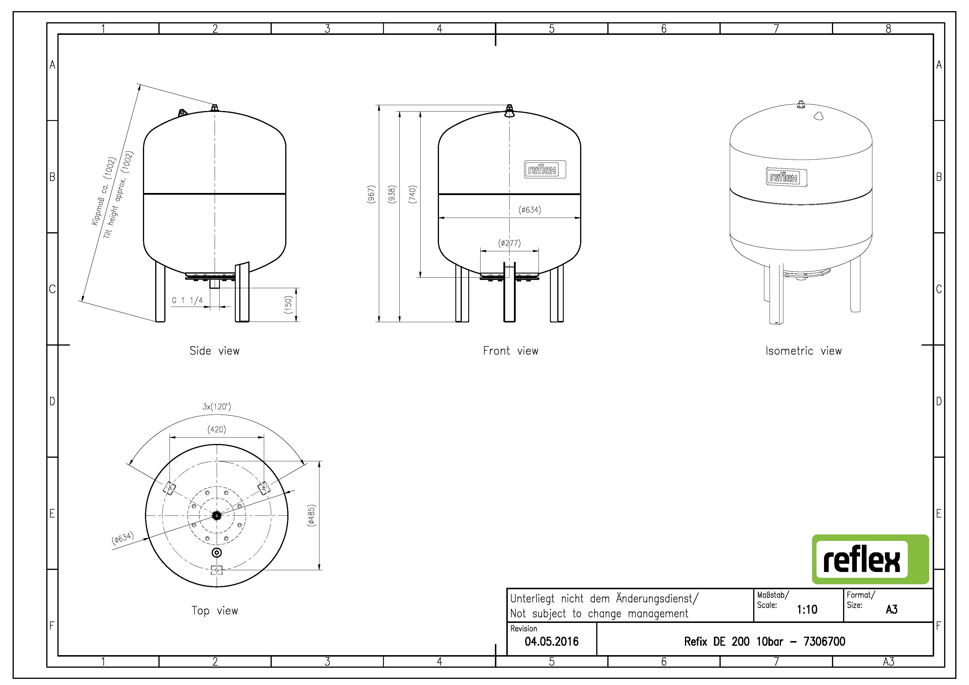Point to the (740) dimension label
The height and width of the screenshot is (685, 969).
pos(413,194)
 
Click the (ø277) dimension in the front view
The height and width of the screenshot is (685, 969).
pos(510,243)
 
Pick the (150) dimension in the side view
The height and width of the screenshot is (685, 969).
pos(288,305)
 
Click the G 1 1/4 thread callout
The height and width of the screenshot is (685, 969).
pos(187,300)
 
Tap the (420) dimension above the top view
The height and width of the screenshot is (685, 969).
pos(216,429)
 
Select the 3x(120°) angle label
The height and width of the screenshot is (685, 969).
pos(216,407)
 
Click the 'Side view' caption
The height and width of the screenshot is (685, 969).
pos(214,351)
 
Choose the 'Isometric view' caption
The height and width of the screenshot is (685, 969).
pos(804,351)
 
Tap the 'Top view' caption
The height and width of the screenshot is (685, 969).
pos(215,611)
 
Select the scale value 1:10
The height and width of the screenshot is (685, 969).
pos(807,609)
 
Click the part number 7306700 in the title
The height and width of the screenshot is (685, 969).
pos(824,642)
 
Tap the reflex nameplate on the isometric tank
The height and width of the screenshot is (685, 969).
pos(786,177)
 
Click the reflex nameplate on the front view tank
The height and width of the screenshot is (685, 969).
pos(545,170)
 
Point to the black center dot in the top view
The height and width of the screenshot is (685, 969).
pos(216,515)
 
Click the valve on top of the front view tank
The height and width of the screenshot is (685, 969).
pos(510,111)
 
